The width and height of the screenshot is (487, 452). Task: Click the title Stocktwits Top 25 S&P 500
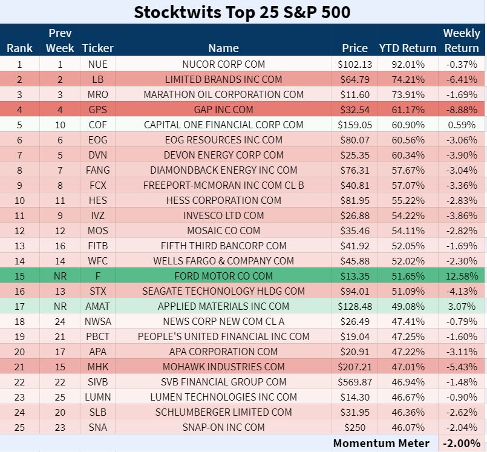tap(242, 12)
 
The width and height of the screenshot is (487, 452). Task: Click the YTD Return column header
tap(407, 48)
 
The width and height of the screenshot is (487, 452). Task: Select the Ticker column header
tap(97, 48)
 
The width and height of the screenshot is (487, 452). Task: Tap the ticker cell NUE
tap(97, 64)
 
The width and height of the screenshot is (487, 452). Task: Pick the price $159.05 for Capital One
tap(355, 125)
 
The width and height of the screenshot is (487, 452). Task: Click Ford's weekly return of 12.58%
tap(461, 276)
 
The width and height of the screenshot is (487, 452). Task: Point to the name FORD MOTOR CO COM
tap(224, 276)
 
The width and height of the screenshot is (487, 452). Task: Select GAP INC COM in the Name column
tap(224, 110)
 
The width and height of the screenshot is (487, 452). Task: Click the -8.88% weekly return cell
tap(461, 110)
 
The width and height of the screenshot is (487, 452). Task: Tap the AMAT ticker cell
tap(97, 306)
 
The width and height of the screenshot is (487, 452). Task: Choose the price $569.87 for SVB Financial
tap(355, 382)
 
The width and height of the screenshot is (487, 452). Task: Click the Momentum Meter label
tap(381, 443)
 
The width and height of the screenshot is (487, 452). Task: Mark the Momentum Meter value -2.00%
tap(461, 443)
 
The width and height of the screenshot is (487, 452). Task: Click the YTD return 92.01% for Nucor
tap(407, 64)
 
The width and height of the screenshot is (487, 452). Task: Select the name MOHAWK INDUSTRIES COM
tap(224, 367)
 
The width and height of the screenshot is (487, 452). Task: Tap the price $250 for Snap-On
tap(355, 427)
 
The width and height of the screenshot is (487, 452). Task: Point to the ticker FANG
tap(97, 170)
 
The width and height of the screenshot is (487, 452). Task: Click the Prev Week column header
tap(60, 41)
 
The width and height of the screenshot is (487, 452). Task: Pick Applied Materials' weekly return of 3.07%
tap(461, 306)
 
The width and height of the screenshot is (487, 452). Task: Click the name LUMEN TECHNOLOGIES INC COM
tap(224, 397)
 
